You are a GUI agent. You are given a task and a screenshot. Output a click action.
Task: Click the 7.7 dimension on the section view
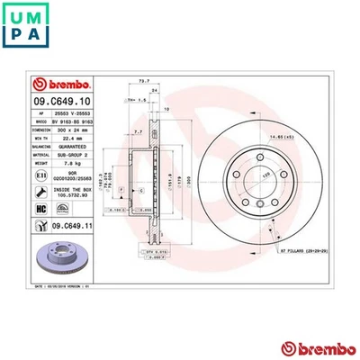click(x=136, y=131)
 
